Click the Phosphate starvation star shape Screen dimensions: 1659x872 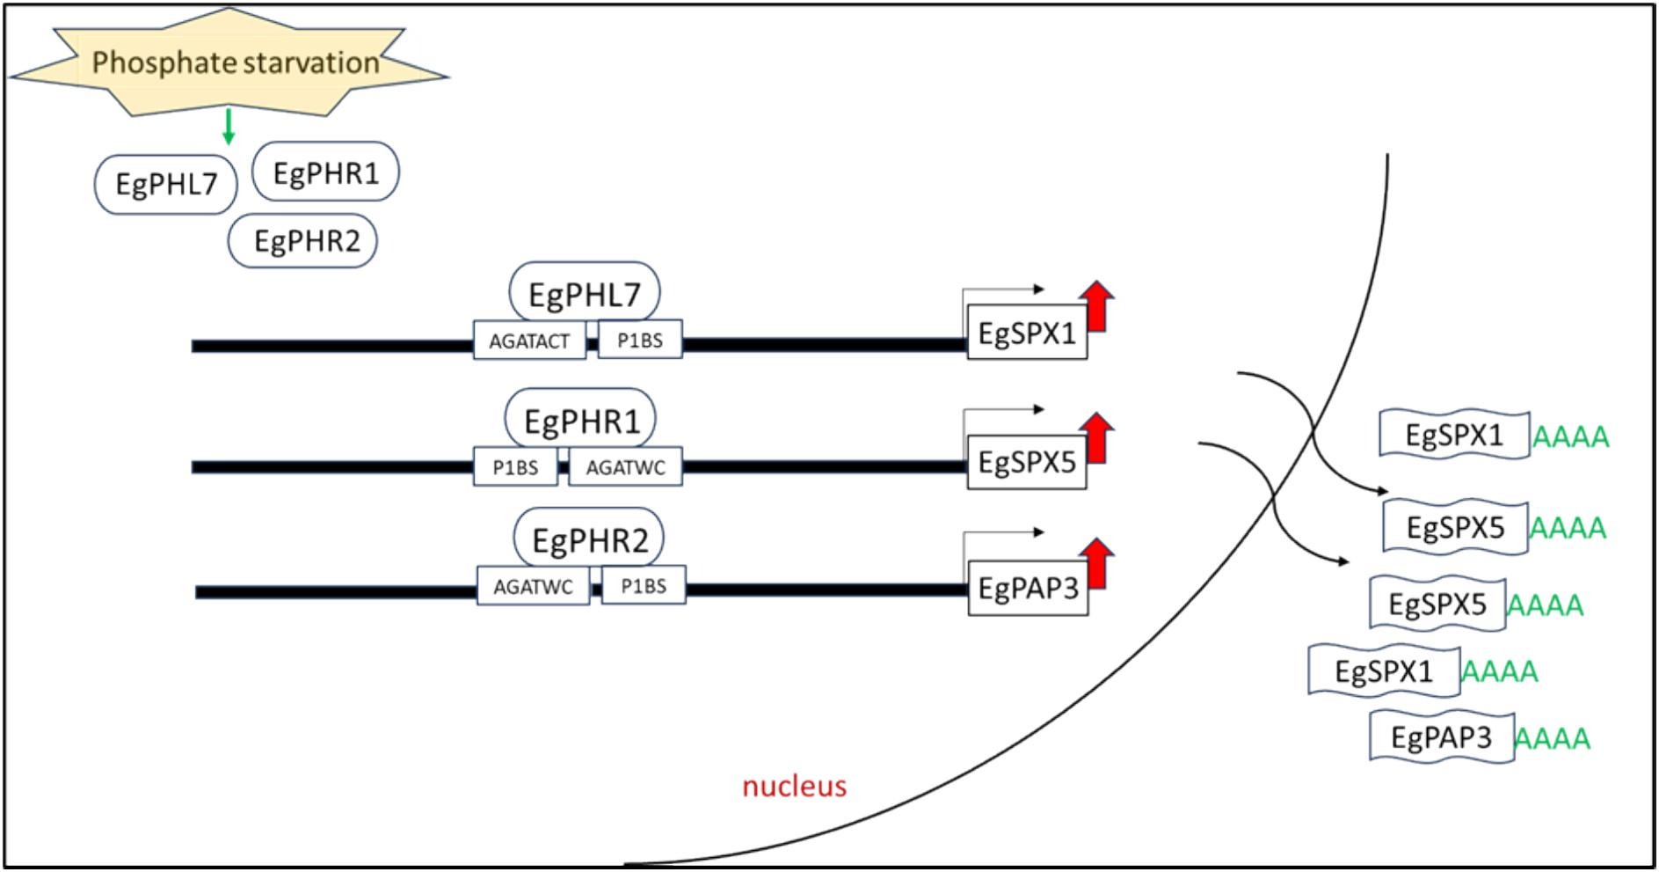229,62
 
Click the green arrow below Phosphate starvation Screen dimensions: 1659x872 229,126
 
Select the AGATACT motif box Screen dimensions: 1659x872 529,341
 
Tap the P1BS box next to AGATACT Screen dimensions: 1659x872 640,340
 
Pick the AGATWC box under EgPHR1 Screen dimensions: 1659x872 625,467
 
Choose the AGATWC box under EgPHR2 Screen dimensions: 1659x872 533,586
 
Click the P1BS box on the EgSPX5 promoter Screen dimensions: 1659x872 515,467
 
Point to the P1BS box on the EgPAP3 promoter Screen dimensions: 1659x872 644,585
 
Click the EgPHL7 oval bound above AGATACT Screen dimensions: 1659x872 585,293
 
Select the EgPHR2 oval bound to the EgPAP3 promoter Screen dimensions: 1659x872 589,539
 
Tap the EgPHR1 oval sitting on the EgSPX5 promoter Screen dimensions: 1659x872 580,421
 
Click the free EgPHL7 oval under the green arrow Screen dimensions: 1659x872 166,184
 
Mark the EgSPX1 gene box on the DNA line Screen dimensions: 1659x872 1027,333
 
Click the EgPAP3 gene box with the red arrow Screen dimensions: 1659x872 1028,588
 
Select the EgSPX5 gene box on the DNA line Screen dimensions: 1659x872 1027,461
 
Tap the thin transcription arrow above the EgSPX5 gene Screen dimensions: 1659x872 1002,410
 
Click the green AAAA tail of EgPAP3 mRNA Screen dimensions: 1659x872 1553,738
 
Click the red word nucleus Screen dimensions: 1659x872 795,786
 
